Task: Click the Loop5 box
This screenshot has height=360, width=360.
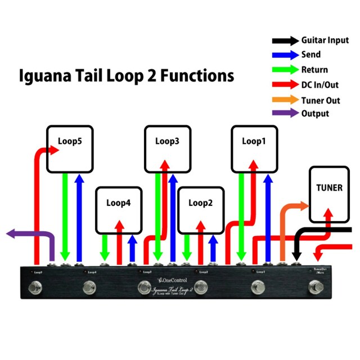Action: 70,149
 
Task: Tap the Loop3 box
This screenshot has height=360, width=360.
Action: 168,149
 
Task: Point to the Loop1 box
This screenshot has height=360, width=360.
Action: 254,149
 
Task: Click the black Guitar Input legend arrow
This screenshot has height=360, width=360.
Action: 285,40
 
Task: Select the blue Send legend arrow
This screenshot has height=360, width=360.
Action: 285,55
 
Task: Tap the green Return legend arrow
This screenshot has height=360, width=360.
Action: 285,70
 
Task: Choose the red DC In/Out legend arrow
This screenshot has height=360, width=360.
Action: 285,85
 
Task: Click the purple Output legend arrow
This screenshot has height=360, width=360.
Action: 285,114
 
